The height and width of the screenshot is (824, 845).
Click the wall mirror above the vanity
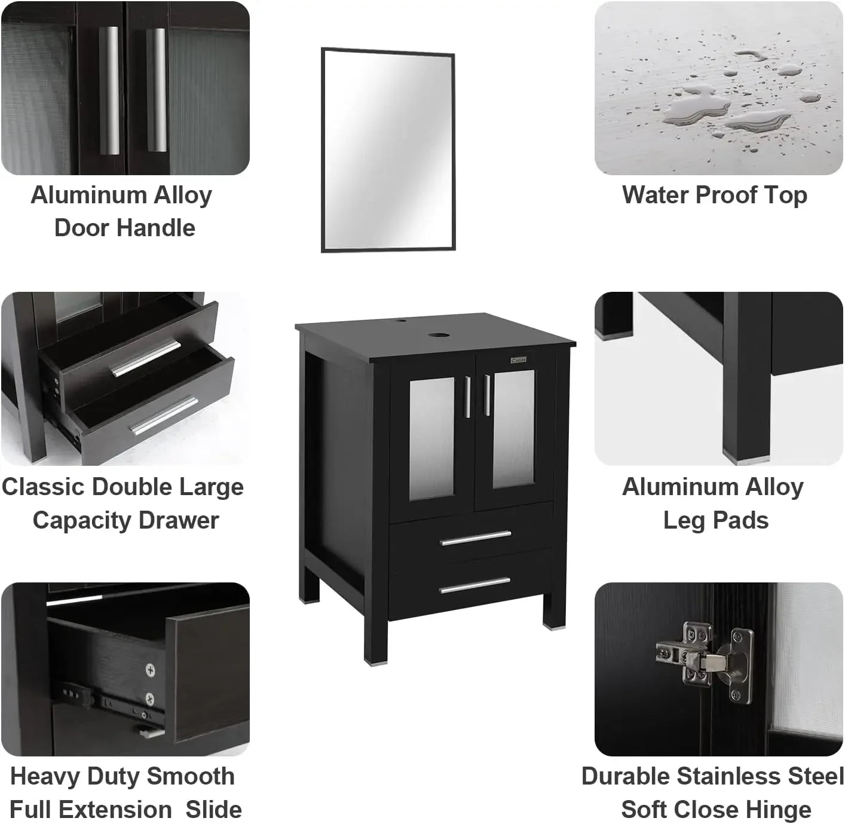[388, 150]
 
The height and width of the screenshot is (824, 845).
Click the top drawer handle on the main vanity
[476, 538]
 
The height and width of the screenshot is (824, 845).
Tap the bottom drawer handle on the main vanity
[476, 585]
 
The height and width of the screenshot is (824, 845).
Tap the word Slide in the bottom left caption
[213, 810]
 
